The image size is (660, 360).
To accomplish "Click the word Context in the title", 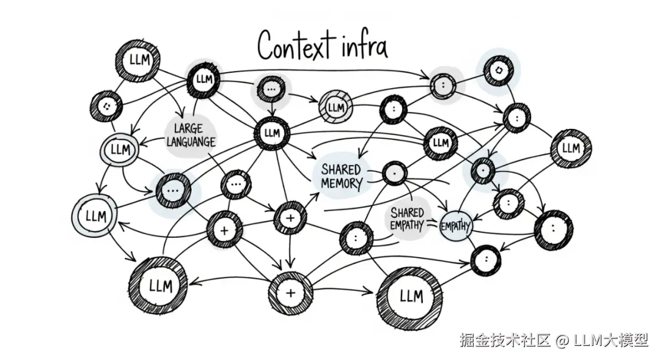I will (295, 46).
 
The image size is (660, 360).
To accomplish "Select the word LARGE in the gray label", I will (189, 129).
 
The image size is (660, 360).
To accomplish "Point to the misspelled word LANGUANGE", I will (191, 142).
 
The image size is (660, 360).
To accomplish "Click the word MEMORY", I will (342, 182).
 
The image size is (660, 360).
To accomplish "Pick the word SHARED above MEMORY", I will (342, 168).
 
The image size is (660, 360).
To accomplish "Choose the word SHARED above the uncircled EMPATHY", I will (408, 213).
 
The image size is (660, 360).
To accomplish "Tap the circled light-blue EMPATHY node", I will (455, 226).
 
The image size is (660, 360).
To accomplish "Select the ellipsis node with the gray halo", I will (271, 89).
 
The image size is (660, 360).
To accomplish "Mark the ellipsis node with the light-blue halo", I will (173, 190).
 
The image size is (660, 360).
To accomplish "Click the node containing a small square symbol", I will (499, 71).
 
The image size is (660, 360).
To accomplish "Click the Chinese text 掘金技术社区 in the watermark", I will (505, 340).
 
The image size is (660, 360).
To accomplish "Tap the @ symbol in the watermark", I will (563, 340).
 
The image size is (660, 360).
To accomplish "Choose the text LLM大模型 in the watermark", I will (610, 340).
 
